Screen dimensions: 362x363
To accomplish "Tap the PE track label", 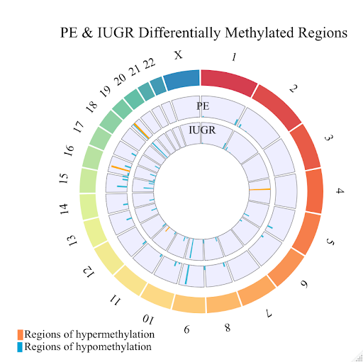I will click(203, 107).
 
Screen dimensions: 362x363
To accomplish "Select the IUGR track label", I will click(203, 130).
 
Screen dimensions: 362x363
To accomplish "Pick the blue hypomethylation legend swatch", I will click(21, 347).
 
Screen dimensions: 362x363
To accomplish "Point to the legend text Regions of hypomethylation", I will click(88, 347).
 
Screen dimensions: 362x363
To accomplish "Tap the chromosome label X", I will click(178, 55).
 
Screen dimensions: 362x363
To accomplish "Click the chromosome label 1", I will click(235, 57).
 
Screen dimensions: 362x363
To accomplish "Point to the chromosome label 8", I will click(227, 327).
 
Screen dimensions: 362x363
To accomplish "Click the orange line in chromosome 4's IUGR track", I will click(259, 190).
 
